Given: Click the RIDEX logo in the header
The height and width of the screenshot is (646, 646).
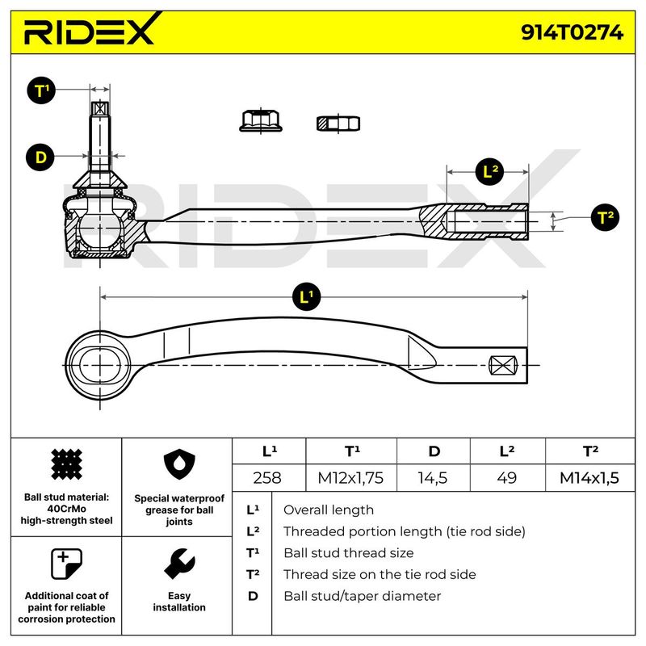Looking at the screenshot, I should coord(89,33).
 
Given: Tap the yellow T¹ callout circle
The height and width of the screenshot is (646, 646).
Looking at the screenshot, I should coord(41,91).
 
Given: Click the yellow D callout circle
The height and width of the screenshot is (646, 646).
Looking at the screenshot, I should coord(41,157).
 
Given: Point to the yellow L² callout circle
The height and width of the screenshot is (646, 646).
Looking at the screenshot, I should coord(489,171).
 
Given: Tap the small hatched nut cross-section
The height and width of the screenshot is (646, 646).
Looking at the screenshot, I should coord(338,124).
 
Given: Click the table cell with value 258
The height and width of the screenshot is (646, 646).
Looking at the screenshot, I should coord(267,477).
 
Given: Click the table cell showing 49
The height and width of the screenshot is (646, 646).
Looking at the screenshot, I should coord(506,477).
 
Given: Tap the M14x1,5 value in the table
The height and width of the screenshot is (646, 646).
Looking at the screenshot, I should coord(589,477).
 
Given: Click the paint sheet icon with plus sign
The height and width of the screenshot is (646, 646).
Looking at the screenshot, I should coord(66,564).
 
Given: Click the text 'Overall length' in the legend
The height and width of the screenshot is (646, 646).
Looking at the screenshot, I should coord(328,510).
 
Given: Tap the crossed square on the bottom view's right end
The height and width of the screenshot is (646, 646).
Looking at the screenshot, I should coord(503,366).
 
